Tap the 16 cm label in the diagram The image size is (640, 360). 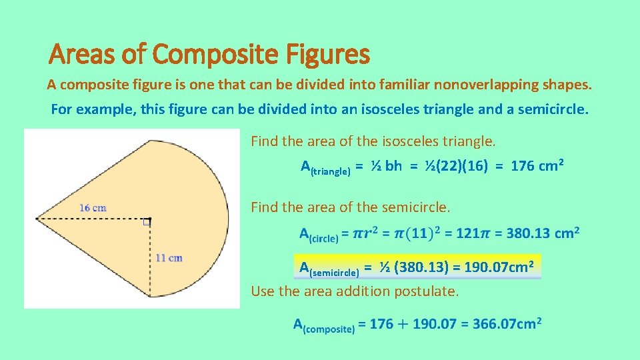tap(93, 207)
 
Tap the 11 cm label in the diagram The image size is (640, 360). tap(169, 258)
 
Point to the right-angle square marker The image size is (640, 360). tap(147, 223)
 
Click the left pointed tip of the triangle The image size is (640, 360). tap(37, 218)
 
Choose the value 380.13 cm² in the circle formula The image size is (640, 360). tap(543, 233)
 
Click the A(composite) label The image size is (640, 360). tap(323, 326)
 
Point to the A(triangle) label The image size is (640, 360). tap(325, 167)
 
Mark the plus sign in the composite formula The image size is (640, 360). tap(402, 325)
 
